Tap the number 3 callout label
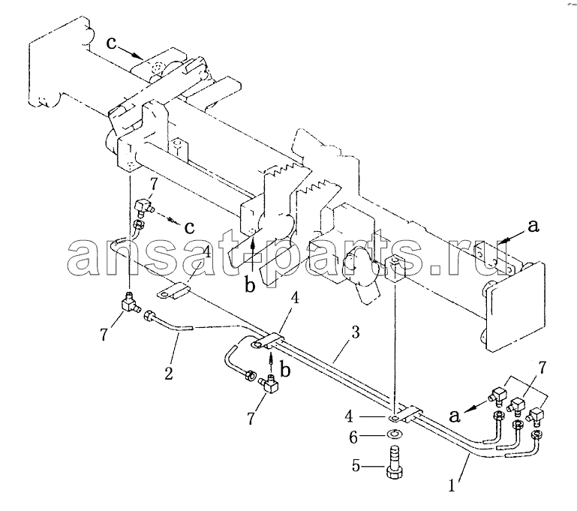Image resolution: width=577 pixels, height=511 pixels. coord(355,332)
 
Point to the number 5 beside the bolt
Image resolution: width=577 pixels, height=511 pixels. coord(356,466)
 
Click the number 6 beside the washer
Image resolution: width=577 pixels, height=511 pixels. coord(353,437)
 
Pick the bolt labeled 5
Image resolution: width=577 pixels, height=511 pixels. coord(394,461)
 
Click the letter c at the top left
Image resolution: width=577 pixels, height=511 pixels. coord(112,44)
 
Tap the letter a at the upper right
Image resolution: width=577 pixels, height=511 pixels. coord(533,227)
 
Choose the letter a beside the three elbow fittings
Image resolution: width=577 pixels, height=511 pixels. coord(455,416)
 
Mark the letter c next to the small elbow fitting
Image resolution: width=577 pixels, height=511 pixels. coord(189,227)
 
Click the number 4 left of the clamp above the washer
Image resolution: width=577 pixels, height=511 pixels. coord(349,416)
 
